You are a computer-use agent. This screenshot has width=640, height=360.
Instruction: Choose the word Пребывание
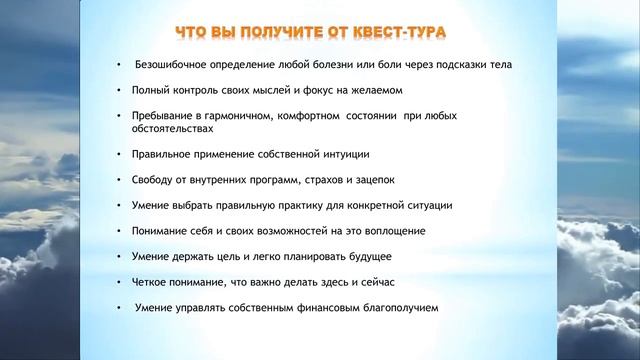[163, 117]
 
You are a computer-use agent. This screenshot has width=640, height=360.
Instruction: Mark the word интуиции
[343, 156]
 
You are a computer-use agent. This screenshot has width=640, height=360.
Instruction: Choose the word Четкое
[151, 283]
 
